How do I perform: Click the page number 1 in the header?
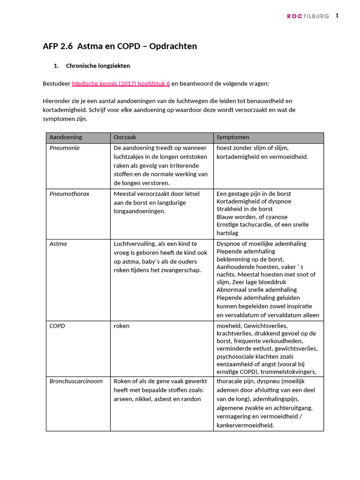(x=337, y=15)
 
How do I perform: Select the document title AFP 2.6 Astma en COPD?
(x=120, y=46)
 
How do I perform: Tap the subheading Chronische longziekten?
(x=98, y=66)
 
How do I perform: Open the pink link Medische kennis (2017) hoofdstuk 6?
(x=120, y=83)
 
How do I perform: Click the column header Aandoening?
(x=66, y=137)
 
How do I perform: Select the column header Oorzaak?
(x=125, y=137)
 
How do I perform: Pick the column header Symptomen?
(x=232, y=137)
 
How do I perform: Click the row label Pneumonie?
(x=65, y=148)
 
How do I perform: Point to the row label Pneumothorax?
(x=69, y=194)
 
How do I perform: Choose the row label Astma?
(x=58, y=244)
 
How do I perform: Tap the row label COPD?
(x=57, y=326)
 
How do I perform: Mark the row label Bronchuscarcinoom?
(x=76, y=381)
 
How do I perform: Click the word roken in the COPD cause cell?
(x=121, y=326)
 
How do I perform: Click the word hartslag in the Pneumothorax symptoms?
(x=227, y=232)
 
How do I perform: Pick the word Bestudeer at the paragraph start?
(x=56, y=83)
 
